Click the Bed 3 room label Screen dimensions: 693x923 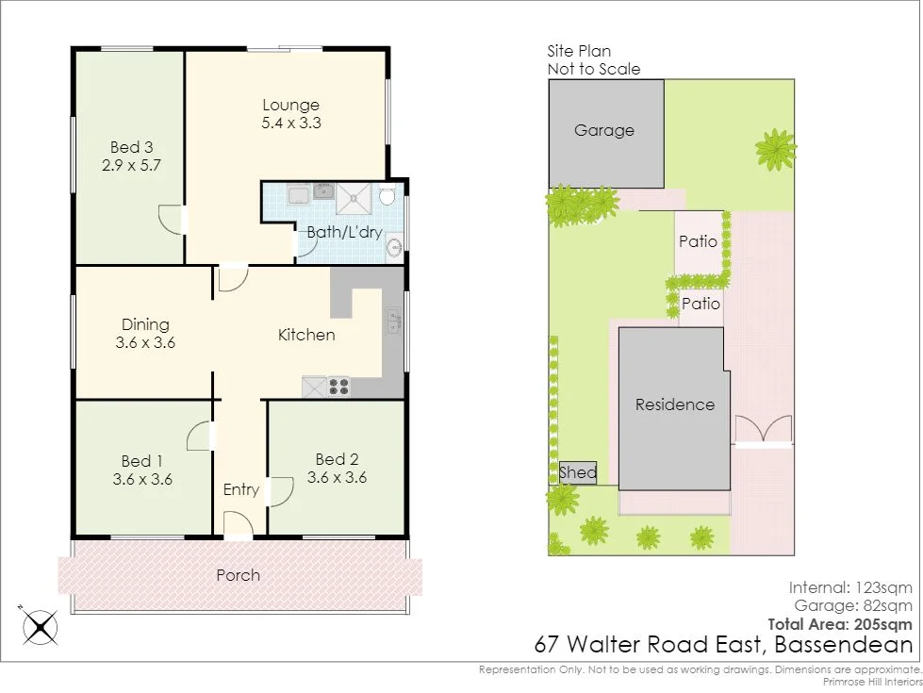[131, 147]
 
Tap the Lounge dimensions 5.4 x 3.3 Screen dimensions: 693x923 [290, 123]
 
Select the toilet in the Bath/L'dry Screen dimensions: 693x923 [387, 196]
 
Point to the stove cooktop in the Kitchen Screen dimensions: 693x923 [338, 386]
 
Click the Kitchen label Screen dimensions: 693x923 [306, 335]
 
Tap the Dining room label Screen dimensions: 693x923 [145, 325]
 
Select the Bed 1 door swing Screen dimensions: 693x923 [199, 436]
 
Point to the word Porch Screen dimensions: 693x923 [238, 575]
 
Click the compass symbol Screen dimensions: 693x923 [40, 625]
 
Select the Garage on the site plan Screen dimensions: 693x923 [604, 131]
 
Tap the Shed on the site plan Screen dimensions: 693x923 [577, 472]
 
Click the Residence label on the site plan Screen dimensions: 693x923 [674, 404]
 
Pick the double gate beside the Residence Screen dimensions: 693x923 [763, 431]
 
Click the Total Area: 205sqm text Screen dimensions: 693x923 [840, 623]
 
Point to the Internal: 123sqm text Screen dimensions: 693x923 [850, 588]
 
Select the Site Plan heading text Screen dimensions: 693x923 [579, 52]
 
